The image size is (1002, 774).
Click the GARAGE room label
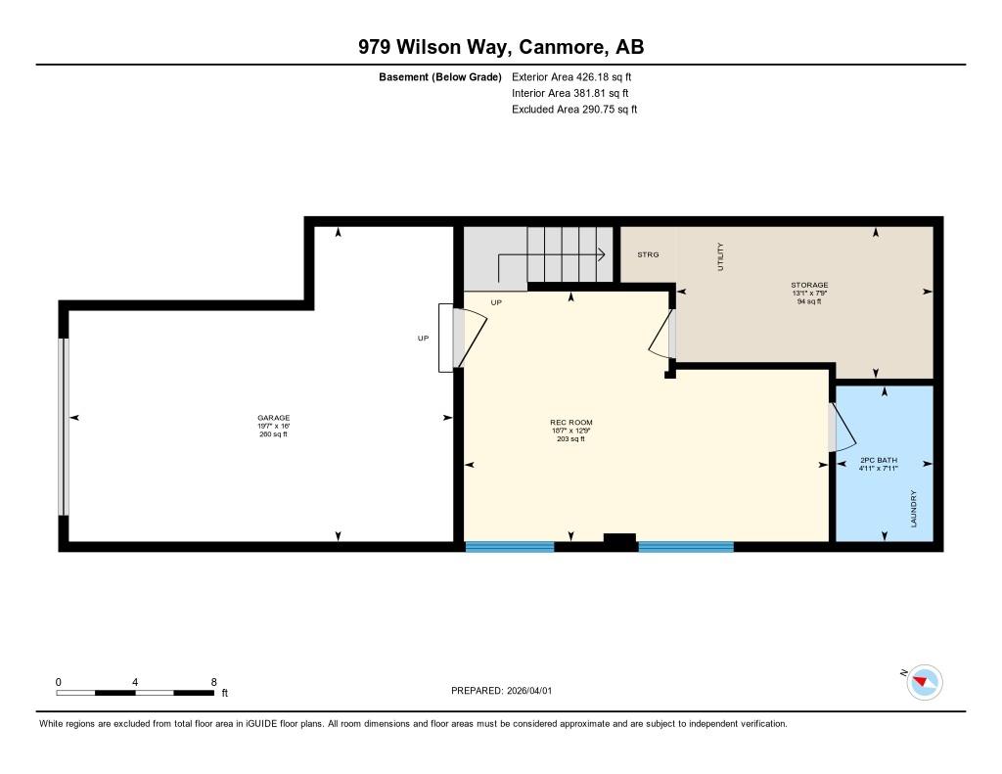pos(274,418)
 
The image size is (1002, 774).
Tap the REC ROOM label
pos(571,423)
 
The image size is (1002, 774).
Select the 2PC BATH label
pos(879,460)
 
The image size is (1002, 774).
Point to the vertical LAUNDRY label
pos(913,509)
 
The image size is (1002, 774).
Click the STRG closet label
pos(648,255)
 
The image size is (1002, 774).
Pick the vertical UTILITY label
pos(720,257)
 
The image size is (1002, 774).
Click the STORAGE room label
pos(809,285)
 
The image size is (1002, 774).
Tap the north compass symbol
pos(924,682)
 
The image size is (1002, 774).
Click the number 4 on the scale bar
pos(135,682)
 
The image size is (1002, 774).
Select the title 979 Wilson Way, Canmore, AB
pos(501,47)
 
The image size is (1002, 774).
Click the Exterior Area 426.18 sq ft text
pos(571,76)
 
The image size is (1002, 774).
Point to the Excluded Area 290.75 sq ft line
pos(574,110)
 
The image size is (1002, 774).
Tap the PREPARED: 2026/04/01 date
pos(502,690)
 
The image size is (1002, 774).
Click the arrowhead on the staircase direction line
pos(602,255)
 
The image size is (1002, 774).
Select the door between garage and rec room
pos(469,338)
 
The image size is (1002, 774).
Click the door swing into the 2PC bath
pos(843,426)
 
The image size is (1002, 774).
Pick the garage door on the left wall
pos(64,427)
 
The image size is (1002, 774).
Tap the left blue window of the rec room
pos(509,547)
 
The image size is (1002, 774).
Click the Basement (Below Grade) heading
pos(440,77)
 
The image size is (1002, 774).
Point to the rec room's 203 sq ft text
pos(571,439)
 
